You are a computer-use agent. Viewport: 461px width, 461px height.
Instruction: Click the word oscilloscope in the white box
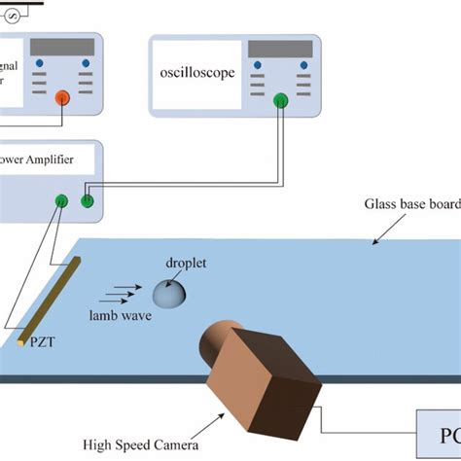[197, 73]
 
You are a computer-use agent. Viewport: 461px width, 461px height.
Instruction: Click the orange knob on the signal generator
[63, 96]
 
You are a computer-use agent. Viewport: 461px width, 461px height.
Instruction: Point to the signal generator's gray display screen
[63, 47]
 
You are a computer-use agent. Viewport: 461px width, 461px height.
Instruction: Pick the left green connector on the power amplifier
[61, 201]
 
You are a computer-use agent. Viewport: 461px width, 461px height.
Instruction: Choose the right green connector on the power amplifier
[87, 201]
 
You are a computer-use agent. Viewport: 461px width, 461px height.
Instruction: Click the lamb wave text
[118, 316]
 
